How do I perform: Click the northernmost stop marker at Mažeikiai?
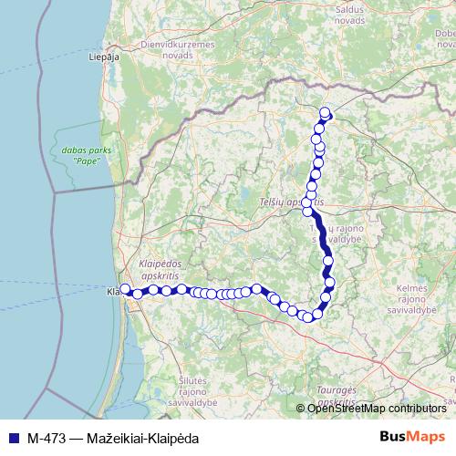pos(326,112)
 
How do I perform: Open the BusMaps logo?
pos(411,435)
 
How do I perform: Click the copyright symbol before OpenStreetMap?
pos(302,408)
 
